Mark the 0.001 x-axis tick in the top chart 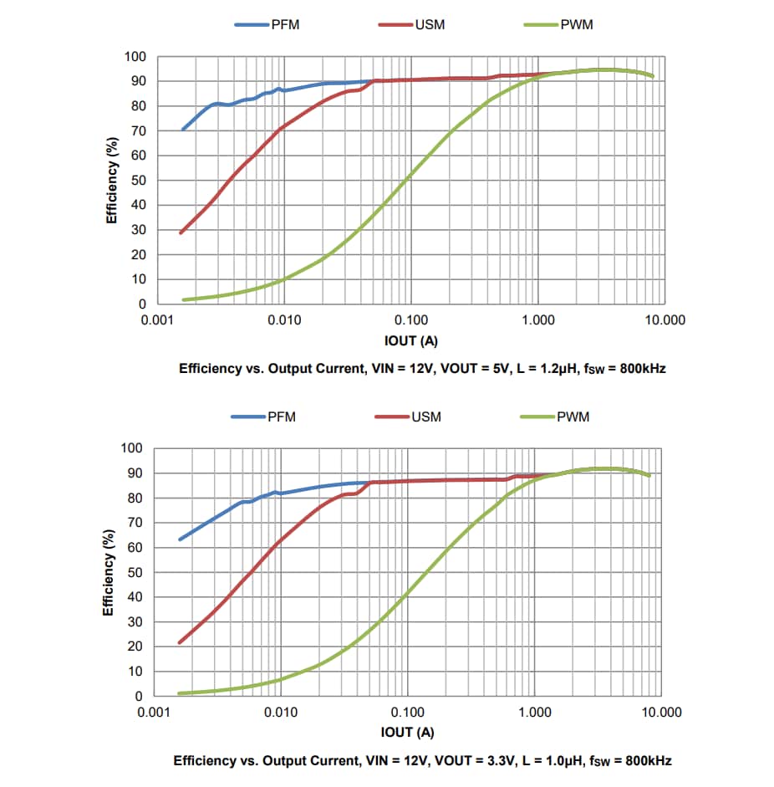[156, 320]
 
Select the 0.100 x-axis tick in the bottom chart [407, 713]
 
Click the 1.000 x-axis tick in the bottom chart [534, 713]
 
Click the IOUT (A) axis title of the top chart [410, 340]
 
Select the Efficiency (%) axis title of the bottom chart [108, 573]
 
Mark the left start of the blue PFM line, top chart [183, 130]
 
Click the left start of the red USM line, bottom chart [180, 642]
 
